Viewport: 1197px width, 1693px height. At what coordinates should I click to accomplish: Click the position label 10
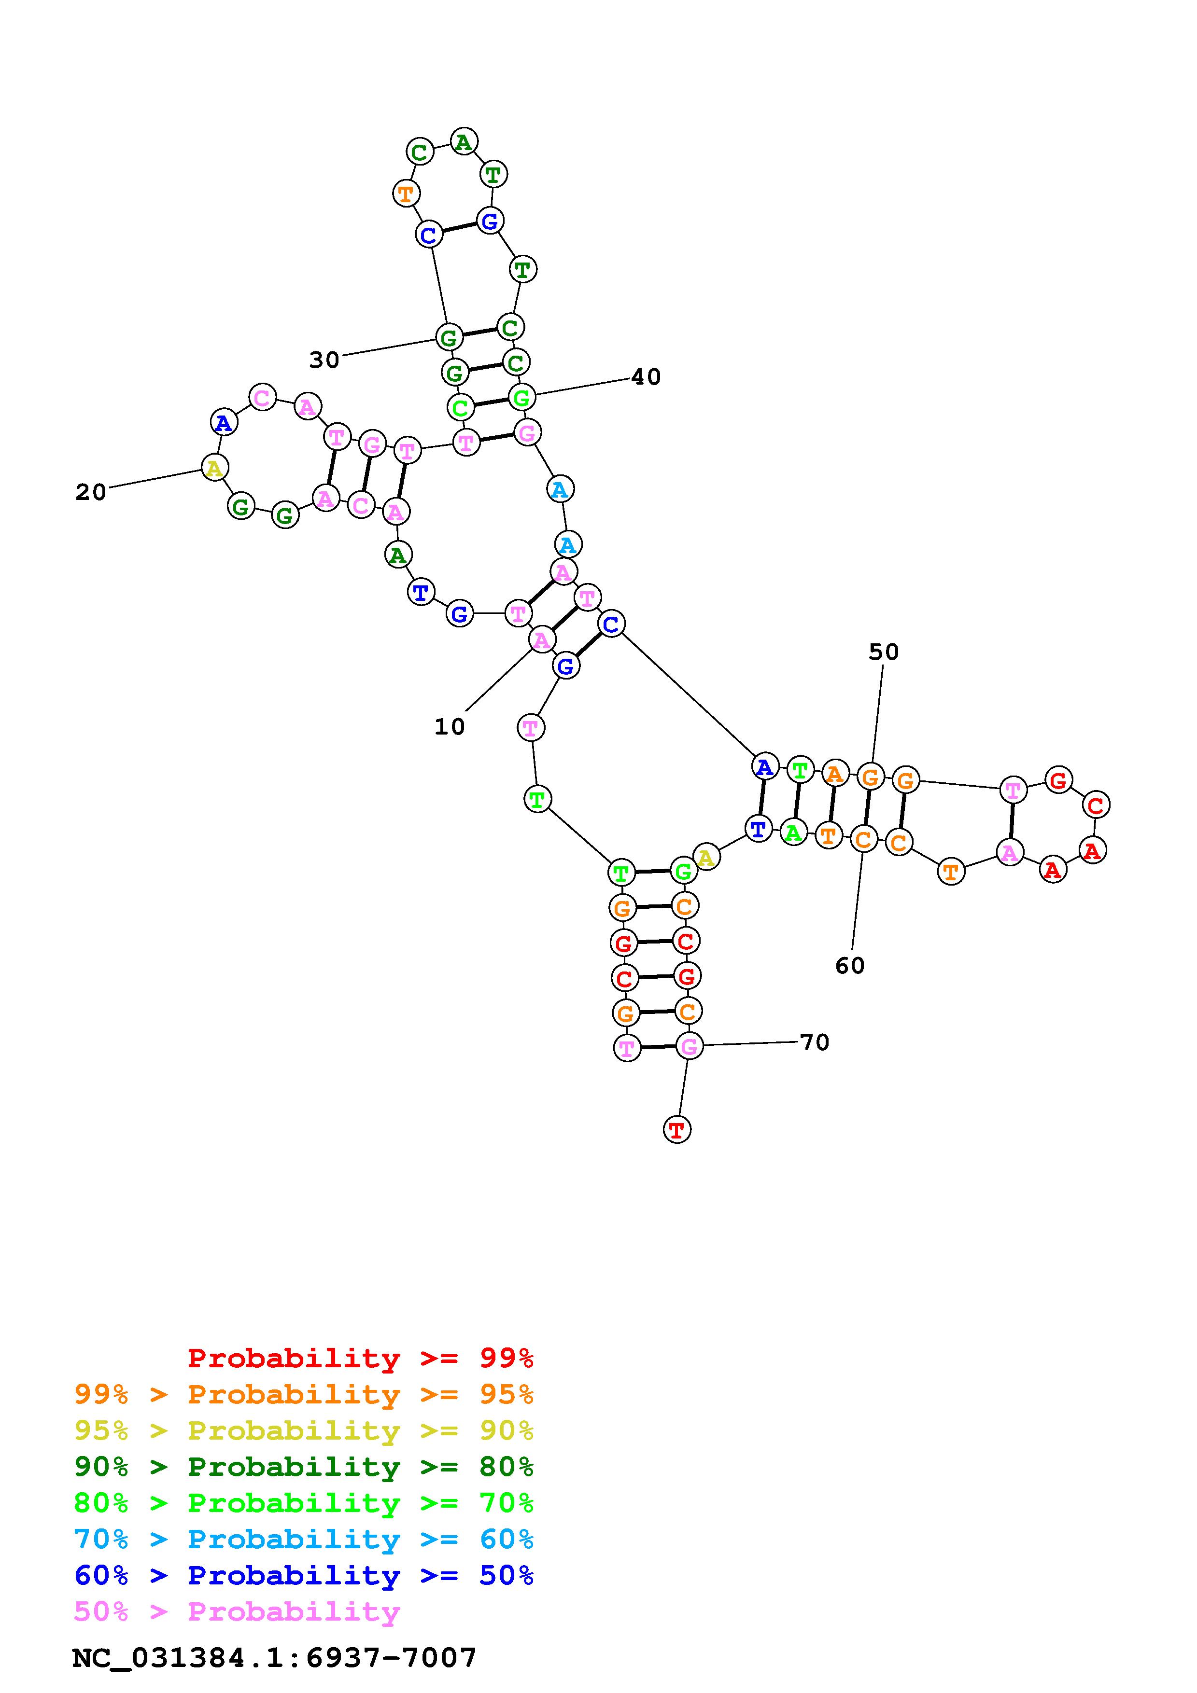pos(449,726)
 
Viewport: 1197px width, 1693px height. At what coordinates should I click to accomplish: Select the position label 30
pos(324,360)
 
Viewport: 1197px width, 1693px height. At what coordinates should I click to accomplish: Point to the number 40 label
pos(646,377)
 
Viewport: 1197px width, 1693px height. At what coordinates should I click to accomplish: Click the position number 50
pos(884,652)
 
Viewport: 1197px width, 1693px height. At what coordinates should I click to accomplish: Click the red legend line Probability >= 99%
pos(361,1358)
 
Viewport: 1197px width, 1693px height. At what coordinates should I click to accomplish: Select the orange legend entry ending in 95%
pos(304,1394)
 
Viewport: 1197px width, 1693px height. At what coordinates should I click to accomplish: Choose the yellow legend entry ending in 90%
pos(304,1430)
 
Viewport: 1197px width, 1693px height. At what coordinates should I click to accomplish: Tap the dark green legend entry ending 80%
pos(304,1467)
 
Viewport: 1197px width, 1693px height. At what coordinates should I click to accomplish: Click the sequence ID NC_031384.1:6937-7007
pos(274,1658)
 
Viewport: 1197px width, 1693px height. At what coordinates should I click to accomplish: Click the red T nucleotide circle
pos(677,1130)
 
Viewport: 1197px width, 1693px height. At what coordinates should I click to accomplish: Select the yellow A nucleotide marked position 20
pos(214,468)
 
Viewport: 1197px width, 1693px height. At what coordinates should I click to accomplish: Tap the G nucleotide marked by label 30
pos(449,338)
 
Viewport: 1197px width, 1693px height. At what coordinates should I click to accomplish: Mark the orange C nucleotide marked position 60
pos(863,839)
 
